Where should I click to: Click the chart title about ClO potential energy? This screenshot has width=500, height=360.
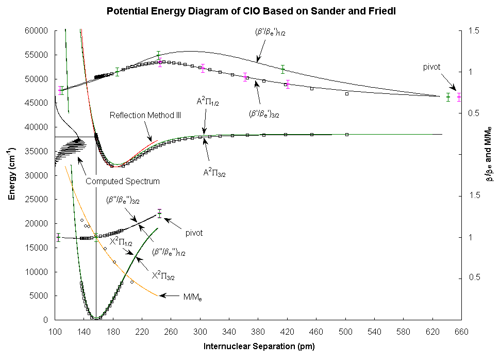pyautogui.click(x=251, y=11)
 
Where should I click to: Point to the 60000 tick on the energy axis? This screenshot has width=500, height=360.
pyautogui.click(x=37, y=30)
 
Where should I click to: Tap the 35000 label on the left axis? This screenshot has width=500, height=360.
pyautogui.click(x=37, y=151)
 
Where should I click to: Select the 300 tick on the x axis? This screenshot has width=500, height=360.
pyautogui.click(x=200, y=332)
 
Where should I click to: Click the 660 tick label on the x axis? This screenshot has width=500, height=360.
pyautogui.click(x=461, y=332)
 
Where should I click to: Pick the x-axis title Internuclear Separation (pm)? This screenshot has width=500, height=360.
pyautogui.click(x=259, y=346)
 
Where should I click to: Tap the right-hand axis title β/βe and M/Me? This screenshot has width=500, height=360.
pyautogui.click(x=489, y=154)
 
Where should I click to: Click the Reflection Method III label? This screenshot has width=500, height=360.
pyautogui.click(x=145, y=115)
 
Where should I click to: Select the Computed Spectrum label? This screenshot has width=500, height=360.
pyautogui.click(x=123, y=181)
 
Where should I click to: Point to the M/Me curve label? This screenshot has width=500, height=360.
pyautogui.click(x=193, y=298)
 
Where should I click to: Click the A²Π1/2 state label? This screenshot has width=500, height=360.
pyautogui.click(x=208, y=102)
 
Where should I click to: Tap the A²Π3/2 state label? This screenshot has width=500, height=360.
pyautogui.click(x=214, y=173)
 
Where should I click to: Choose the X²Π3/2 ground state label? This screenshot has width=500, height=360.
pyautogui.click(x=163, y=275)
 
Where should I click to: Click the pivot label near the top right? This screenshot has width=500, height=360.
pyautogui.click(x=431, y=67)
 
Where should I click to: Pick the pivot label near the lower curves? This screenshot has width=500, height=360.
pyautogui.click(x=194, y=233)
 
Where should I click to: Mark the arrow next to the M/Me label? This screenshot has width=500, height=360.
pyautogui.click(x=169, y=296)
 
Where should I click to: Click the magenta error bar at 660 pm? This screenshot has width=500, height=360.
pyautogui.click(x=459, y=97)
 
